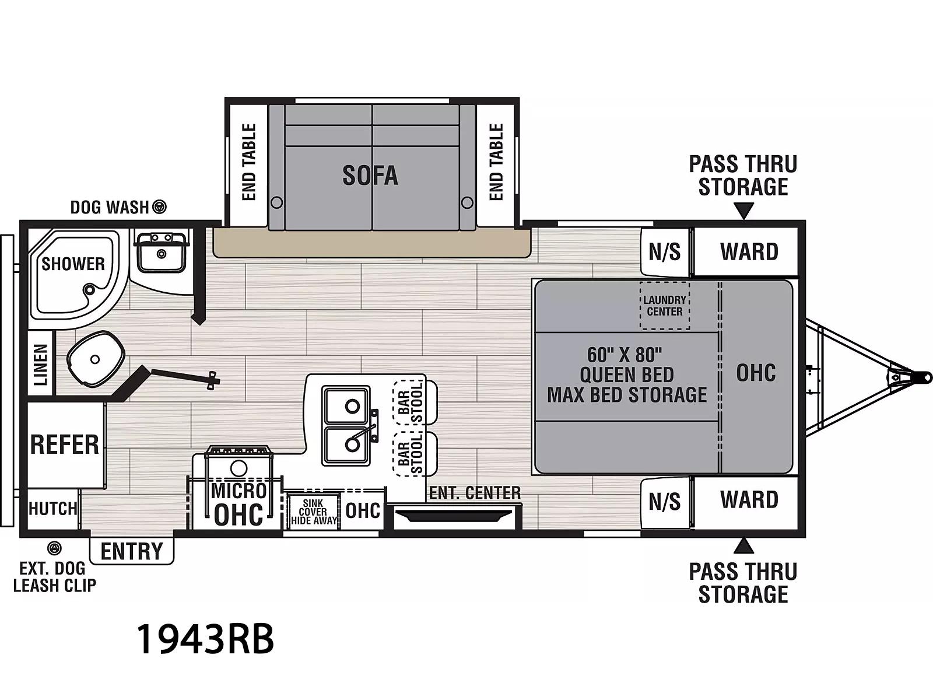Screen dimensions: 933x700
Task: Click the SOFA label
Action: pyautogui.click(x=370, y=176)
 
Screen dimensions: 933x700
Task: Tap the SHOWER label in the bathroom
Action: pyautogui.click(x=73, y=264)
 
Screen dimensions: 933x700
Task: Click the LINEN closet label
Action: pyautogui.click(x=40, y=365)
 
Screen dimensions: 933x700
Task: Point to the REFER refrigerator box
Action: pyautogui.click(x=66, y=445)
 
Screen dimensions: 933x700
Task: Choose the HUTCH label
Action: pyautogui.click(x=52, y=508)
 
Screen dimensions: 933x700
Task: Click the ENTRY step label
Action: pyautogui.click(x=132, y=551)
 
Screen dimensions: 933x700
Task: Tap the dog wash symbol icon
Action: pyautogui.click(x=160, y=207)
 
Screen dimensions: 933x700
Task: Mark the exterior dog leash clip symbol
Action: pyautogui.click(x=54, y=548)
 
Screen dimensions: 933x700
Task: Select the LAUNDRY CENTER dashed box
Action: pyautogui.click(x=665, y=305)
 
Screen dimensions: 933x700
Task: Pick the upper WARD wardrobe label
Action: pyautogui.click(x=749, y=251)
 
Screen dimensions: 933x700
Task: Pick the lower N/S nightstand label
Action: pyautogui.click(x=664, y=502)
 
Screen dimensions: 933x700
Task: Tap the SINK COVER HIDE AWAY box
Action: pyautogui.click(x=314, y=512)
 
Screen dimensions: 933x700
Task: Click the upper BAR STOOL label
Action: pyautogui.click(x=411, y=402)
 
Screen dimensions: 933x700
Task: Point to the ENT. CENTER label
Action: pyautogui.click(x=475, y=493)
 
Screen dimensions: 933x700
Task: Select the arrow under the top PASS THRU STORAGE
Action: pyautogui.click(x=743, y=211)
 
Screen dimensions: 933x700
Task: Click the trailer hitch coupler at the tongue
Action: pyautogui.click(x=923, y=377)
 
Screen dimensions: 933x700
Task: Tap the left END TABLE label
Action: pyautogui.click(x=249, y=162)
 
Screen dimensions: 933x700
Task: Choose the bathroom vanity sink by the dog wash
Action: pyautogui.click(x=161, y=251)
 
